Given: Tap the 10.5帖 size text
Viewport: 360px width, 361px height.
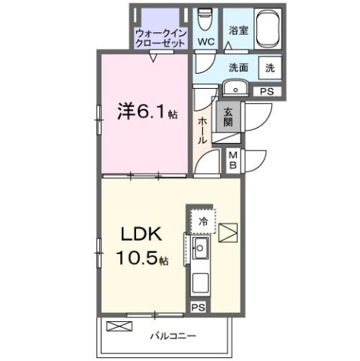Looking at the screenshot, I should pos(142,259).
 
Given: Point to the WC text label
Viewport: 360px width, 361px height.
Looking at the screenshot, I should pos(205,42).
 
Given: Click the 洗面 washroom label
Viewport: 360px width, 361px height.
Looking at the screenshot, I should pos(238,66).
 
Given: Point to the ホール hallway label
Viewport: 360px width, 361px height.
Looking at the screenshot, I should pos(203,129).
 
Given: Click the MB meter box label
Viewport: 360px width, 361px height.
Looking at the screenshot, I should pos(233,159).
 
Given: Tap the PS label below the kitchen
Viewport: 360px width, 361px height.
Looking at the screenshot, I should pos(198,307).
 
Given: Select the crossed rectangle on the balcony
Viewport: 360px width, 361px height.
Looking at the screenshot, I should pos(118,326).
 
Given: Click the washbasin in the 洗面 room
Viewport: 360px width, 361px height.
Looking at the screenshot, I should pos(237,89).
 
